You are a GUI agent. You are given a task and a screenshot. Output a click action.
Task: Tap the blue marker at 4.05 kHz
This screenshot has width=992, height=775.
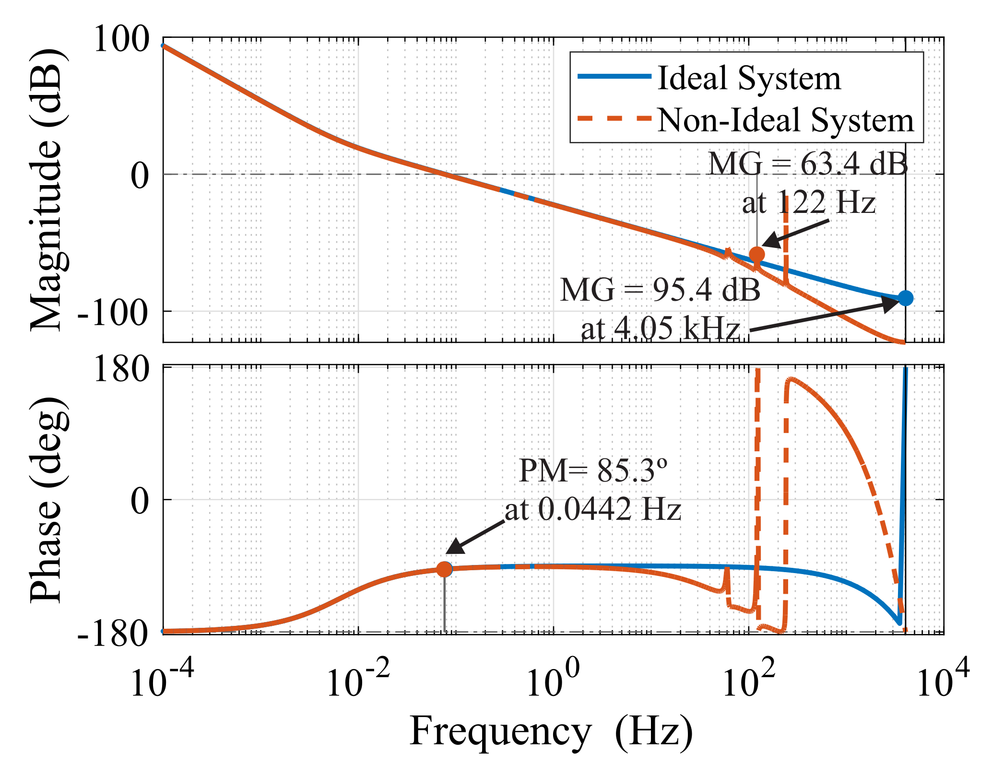[905, 298]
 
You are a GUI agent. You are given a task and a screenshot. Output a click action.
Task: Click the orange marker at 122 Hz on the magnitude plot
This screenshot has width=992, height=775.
[756, 254]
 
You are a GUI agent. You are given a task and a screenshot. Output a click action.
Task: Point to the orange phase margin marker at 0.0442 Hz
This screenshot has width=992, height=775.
[444, 569]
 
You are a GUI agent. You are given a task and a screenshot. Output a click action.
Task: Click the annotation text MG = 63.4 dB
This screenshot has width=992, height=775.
[808, 164]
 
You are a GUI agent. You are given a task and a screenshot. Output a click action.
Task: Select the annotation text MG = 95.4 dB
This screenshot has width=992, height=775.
[660, 290]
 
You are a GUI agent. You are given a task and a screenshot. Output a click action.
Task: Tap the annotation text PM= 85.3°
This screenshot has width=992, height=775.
[593, 471]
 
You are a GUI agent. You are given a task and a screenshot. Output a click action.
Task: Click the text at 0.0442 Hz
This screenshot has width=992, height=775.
[593, 509]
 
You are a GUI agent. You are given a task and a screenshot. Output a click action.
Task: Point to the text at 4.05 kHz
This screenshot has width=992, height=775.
[660, 329]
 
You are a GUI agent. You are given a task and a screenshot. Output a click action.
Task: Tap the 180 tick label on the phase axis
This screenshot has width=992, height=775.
[120, 370]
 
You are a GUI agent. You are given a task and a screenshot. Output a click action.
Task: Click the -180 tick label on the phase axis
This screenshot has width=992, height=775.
[112, 634]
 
